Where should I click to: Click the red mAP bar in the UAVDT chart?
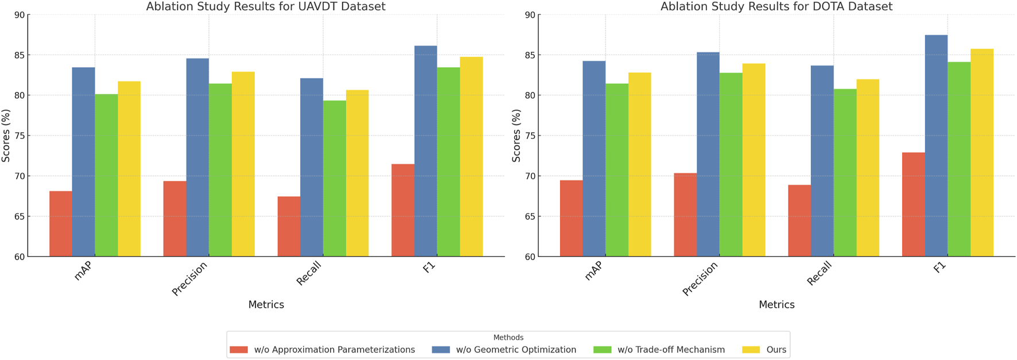click(61, 224)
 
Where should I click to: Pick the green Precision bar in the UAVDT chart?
click(220, 170)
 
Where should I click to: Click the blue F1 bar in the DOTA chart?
click(936, 146)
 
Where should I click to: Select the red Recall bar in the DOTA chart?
click(799, 220)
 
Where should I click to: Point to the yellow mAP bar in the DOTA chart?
click(639, 164)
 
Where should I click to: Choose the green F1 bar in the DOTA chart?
click(959, 159)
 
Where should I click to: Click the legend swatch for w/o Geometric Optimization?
click(441, 350)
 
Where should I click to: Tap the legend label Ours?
click(776, 350)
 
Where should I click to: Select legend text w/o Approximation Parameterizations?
click(334, 350)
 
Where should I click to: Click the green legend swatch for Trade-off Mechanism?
click(602, 350)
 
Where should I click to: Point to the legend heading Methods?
click(508, 338)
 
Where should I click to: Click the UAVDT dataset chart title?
click(266, 7)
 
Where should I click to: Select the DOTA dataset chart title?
click(776, 7)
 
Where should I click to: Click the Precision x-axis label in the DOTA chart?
click(700, 279)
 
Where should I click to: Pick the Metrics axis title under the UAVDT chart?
click(266, 305)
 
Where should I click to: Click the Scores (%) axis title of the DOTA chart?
click(516, 136)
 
